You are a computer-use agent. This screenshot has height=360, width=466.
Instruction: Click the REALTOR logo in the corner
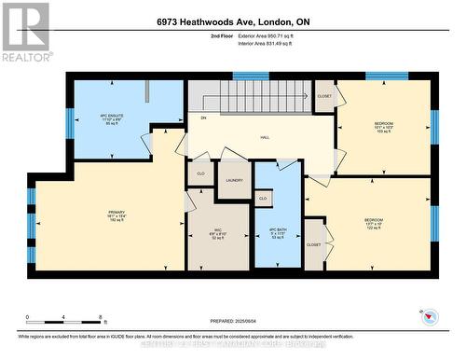26,31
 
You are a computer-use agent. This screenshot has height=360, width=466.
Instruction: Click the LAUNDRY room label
234,181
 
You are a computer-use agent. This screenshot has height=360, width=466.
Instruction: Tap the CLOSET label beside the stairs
324,96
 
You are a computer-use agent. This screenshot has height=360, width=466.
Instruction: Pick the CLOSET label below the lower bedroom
313,244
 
